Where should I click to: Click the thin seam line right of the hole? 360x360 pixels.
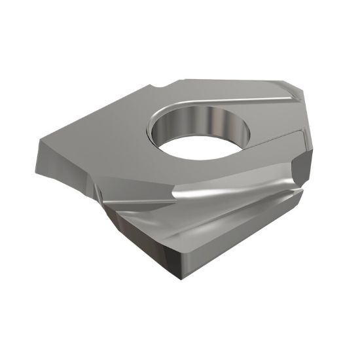(275, 141)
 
